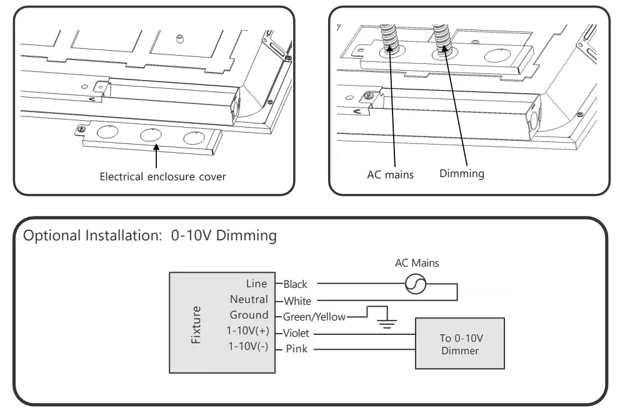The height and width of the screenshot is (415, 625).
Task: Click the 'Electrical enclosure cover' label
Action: point(162,177)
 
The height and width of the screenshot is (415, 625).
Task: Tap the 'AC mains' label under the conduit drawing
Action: point(390,175)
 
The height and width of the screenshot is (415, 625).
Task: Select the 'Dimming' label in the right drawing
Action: point(461,173)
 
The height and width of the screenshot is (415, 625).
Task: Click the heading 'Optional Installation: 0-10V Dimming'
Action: point(150,236)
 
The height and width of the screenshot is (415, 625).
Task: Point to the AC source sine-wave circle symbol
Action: point(415,284)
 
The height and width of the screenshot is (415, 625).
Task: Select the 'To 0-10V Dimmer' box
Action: point(461,344)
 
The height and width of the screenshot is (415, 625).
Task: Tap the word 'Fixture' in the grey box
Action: point(196,324)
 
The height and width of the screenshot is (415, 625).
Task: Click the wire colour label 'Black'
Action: point(295,284)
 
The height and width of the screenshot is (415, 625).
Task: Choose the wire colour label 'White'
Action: point(297,301)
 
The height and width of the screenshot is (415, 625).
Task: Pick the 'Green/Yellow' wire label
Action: point(314,317)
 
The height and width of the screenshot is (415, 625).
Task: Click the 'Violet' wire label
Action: point(296,334)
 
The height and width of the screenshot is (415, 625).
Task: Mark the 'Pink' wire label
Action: point(296,349)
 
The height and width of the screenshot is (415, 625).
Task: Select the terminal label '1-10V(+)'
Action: point(249,330)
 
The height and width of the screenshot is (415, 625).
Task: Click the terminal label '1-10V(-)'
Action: point(249,346)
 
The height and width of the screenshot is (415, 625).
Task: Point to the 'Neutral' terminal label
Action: point(249,300)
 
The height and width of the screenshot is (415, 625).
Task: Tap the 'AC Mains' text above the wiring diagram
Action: point(417,263)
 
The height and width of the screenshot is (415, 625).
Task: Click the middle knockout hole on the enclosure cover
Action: point(151,135)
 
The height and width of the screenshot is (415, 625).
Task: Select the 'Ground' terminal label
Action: point(249,315)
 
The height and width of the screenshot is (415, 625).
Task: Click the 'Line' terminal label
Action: point(256,284)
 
